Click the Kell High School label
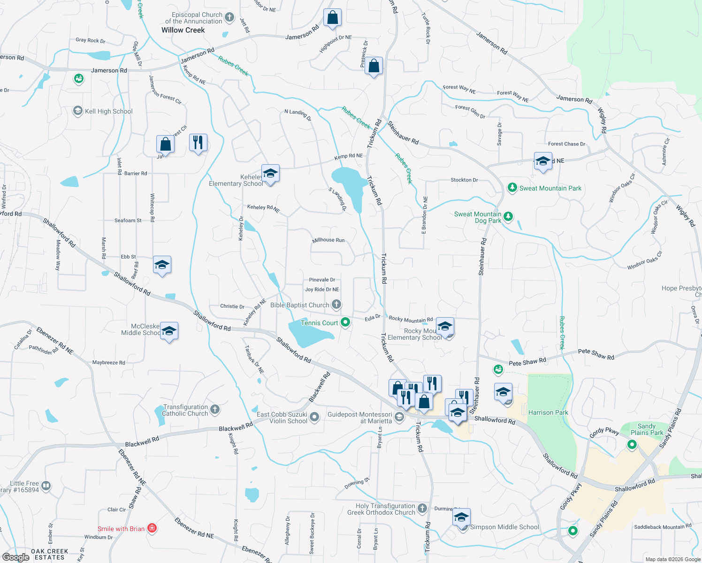(108, 111)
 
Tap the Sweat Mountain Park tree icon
(512, 188)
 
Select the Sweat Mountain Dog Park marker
(508, 217)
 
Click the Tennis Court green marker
(346, 322)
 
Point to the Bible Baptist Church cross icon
(336, 305)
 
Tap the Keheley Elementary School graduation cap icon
(270, 174)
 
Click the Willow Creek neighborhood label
(183, 30)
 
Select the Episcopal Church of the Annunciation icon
(229, 18)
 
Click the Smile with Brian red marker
(152, 529)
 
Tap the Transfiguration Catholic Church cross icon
(215, 410)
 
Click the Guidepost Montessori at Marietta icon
(399, 417)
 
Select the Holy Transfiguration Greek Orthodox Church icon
(422, 509)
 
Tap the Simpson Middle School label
(504, 527)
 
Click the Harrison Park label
(548, 412)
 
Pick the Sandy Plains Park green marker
(632, 444)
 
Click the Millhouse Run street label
(328, 240)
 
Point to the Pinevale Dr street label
(322, 280)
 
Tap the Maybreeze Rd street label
(109, 363)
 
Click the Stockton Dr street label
(464, 180)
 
